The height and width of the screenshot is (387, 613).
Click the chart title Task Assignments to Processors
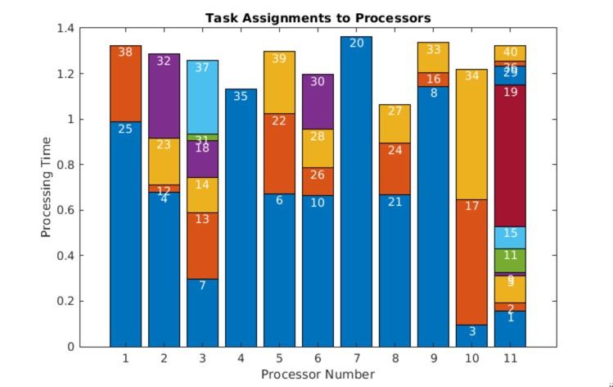(318, 17)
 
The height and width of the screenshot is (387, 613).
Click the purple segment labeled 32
(164, 98)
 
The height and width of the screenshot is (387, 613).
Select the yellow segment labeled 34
(471, 139)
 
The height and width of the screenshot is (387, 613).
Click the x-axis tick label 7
(356, 359)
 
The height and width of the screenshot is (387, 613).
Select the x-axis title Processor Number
(318, 375)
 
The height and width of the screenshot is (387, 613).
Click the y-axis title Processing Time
(47, 188)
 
